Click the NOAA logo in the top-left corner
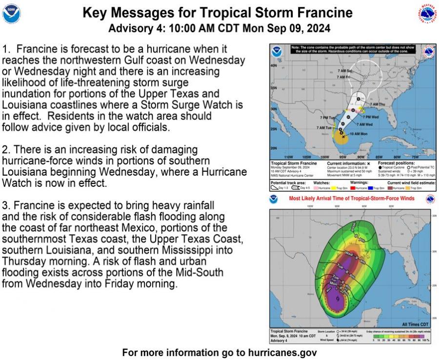click(11, 14)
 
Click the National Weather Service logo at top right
click(427, 14)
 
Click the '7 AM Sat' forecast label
click(345, 71)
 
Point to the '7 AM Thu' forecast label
click(377, 104)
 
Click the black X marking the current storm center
click(343, 137)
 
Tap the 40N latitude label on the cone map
click(273, 65)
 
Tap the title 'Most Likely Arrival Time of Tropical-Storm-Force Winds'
click(351, 199)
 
